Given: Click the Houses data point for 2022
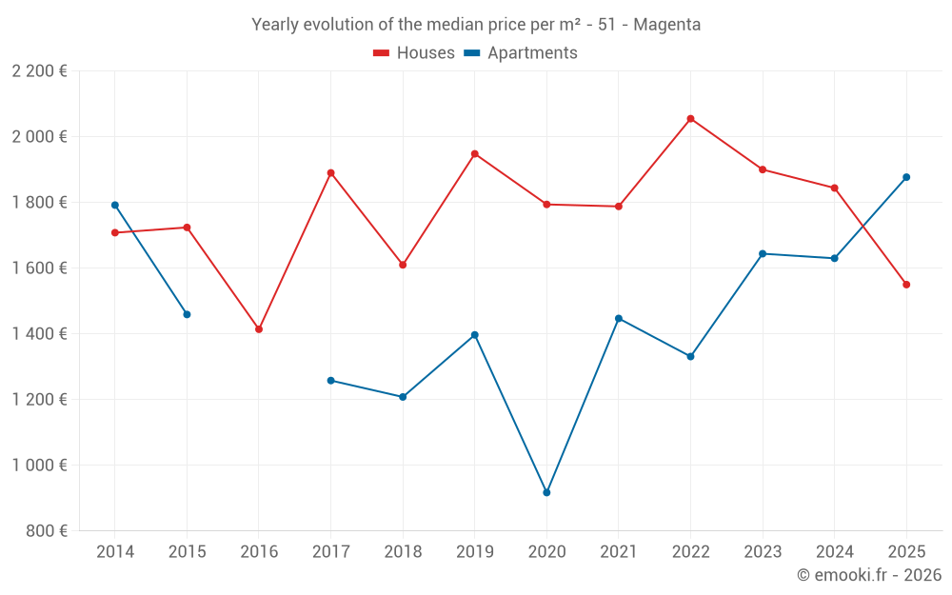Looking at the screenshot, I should coord(690,119).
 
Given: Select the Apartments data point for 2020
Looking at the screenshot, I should coord(546,492).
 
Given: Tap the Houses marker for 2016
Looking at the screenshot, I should coord(259,329).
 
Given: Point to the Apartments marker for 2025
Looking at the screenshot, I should coord(906,177).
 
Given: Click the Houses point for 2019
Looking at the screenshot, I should coord(475,153).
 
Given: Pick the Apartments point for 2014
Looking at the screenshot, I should coord(115,205).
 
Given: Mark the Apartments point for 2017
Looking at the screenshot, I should coord(330,381).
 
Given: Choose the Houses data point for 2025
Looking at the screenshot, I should coord(906,285).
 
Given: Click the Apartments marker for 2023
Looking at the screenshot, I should coord(763,254).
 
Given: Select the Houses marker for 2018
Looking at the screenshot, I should coord(403,265).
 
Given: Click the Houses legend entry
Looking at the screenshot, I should coord(414,53).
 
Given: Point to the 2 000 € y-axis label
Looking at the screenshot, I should coord(39,137).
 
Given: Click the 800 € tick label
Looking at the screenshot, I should coord(46,531).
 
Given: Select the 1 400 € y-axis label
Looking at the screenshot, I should coord(39,334).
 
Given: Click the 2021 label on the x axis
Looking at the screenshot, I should coord(619,552).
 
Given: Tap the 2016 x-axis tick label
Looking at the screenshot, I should coord(259,552).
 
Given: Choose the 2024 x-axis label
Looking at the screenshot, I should coord(834,552).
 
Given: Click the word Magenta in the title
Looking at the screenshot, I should coord(666,25).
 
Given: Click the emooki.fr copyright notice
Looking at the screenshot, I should coord(868,575).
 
